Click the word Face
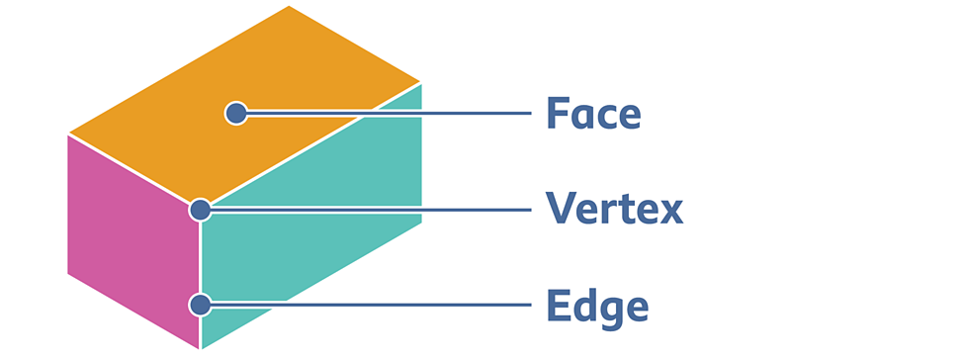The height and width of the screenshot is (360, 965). tap(593, 115)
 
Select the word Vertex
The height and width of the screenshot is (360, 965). tap(614, 209)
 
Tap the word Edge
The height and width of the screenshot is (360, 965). tap(597, 306)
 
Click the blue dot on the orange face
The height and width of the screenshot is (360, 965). tap(235, 113)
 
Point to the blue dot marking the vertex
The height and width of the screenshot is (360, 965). tap(200, 209)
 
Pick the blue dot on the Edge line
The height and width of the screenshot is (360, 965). tap(200, 304)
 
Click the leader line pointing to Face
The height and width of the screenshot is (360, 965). tap(395, 113)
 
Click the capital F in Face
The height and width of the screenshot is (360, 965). tap(557, 115)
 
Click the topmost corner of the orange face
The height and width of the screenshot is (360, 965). tap(289, 6)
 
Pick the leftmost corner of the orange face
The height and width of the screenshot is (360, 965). tap(68, 134)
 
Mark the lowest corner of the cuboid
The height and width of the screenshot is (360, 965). tap(201, 348)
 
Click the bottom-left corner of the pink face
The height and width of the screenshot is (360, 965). tap(68, 273)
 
